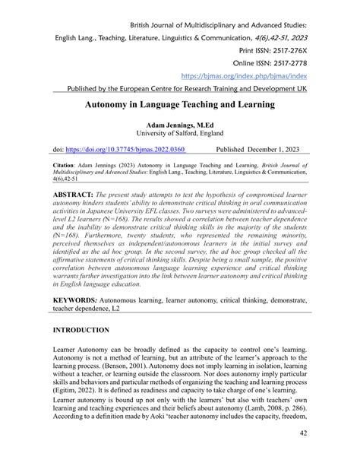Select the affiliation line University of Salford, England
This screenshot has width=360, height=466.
point(179,132)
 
